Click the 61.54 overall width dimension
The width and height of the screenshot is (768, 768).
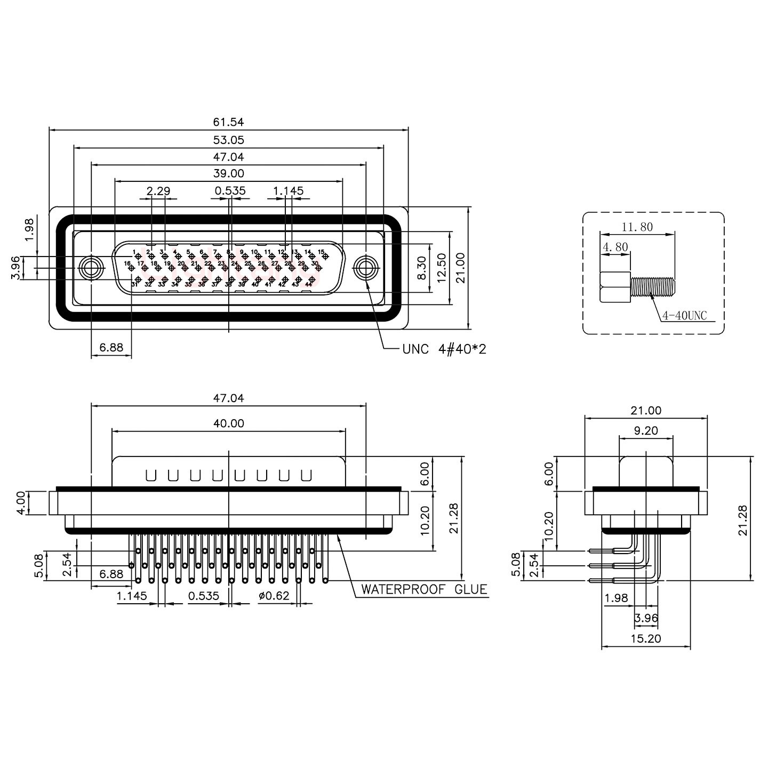[x=228, y=122]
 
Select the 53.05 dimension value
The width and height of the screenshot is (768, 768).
[x=228, y=140]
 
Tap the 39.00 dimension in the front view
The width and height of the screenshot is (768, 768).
[x=228, y=173]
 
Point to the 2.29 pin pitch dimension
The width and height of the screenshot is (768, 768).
[x=158, y=190]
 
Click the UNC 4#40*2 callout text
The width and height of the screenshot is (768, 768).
[x=444, y=349]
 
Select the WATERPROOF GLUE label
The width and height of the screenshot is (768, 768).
[x=424, y=589]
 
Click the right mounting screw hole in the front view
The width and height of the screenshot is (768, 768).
[x=366, y=267]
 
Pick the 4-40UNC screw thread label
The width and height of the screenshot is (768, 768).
[x=684, y=316]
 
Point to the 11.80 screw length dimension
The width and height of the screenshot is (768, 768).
[x=637, y=227]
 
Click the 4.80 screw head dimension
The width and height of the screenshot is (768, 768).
[x=615, y=247]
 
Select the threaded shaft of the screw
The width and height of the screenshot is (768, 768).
[x=653, y=286]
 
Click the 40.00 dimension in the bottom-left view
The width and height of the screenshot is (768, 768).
[x=228, y=423]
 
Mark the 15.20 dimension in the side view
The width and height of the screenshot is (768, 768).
[x=645, y=638]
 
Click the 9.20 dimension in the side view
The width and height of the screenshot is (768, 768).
[x=645, y=430]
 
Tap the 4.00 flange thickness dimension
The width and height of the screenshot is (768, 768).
[x=20, y=503]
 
